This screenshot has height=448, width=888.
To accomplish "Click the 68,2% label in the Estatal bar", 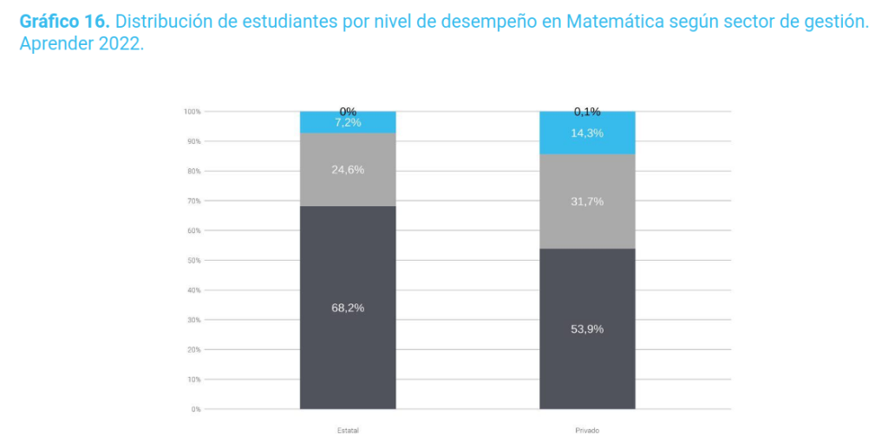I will pos(348,308).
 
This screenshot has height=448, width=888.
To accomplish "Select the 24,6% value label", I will pos(348,170).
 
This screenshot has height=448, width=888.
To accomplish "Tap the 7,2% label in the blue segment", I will pos(348,123).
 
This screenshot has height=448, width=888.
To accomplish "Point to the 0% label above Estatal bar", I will pos(348,111).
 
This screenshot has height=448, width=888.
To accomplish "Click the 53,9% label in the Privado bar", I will pos(587,329).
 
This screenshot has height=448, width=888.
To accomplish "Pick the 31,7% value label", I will pos(587,202).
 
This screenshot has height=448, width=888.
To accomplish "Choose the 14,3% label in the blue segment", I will pos(587,133).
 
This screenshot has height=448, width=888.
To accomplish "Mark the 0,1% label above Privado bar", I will pos(587,111).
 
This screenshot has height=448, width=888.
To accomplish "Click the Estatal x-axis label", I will pos(348,431).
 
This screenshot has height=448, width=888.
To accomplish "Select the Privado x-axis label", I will pos(587,431).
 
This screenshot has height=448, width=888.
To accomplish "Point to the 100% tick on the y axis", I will pos(192,112).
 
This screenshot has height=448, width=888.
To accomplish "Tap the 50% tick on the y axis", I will pos(193,261).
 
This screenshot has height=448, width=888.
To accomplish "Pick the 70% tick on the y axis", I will pos(193,201).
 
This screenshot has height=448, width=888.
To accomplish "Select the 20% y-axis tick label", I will pos(193,350).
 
